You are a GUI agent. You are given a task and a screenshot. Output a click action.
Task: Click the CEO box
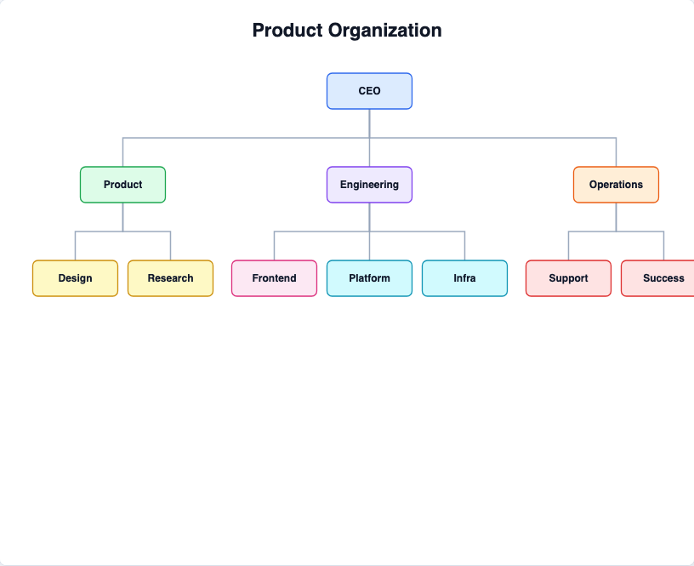pyautogui.click(x=370, y=91)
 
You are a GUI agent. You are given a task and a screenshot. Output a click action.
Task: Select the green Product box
pyautogui.click(x=123, y=185)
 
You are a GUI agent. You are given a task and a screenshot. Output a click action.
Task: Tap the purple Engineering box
pyautogui.click(x=370, y=185)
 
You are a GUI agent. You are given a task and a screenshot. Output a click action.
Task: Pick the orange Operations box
pyautogui.click(x=616, y=185)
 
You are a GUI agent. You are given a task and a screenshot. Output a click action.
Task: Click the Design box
pyautogui.click(x=75, y=278)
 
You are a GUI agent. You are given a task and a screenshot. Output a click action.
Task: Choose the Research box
pyautogui.click(x=170, y=278)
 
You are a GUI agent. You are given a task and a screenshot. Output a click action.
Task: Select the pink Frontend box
pyautogui.click(x=275, y=278)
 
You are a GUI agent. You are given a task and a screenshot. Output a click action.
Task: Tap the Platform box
pyautogui.click(x=370, y=278)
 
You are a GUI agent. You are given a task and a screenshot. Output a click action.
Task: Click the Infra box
pyautogui.click(x=464, y=278)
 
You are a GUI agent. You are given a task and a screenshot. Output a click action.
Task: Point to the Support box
pyautogui.click(x=568, y=278)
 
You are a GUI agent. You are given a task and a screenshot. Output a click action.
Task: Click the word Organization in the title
pyautogui.click(x=384, y=31)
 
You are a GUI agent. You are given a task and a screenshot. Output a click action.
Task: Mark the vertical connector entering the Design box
pyautogui.click(x=75, y=246)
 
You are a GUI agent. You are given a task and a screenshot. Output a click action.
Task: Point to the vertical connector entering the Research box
pyautogui.click(x=170, y=246)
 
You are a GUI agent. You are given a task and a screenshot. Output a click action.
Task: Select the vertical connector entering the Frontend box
pyautogui.click(x=275, y=246)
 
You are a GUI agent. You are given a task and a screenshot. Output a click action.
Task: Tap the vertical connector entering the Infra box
pyautogui.click(x=464, y=246)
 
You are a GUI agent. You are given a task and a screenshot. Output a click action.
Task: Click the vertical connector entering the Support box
pyautogui.click(x=568, y=246)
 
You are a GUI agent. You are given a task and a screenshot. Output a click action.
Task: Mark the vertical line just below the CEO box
pyautogui.click(x=370, y=123)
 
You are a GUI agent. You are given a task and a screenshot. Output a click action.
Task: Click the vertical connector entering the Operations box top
pyautogui.click(x=616, y=152)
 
